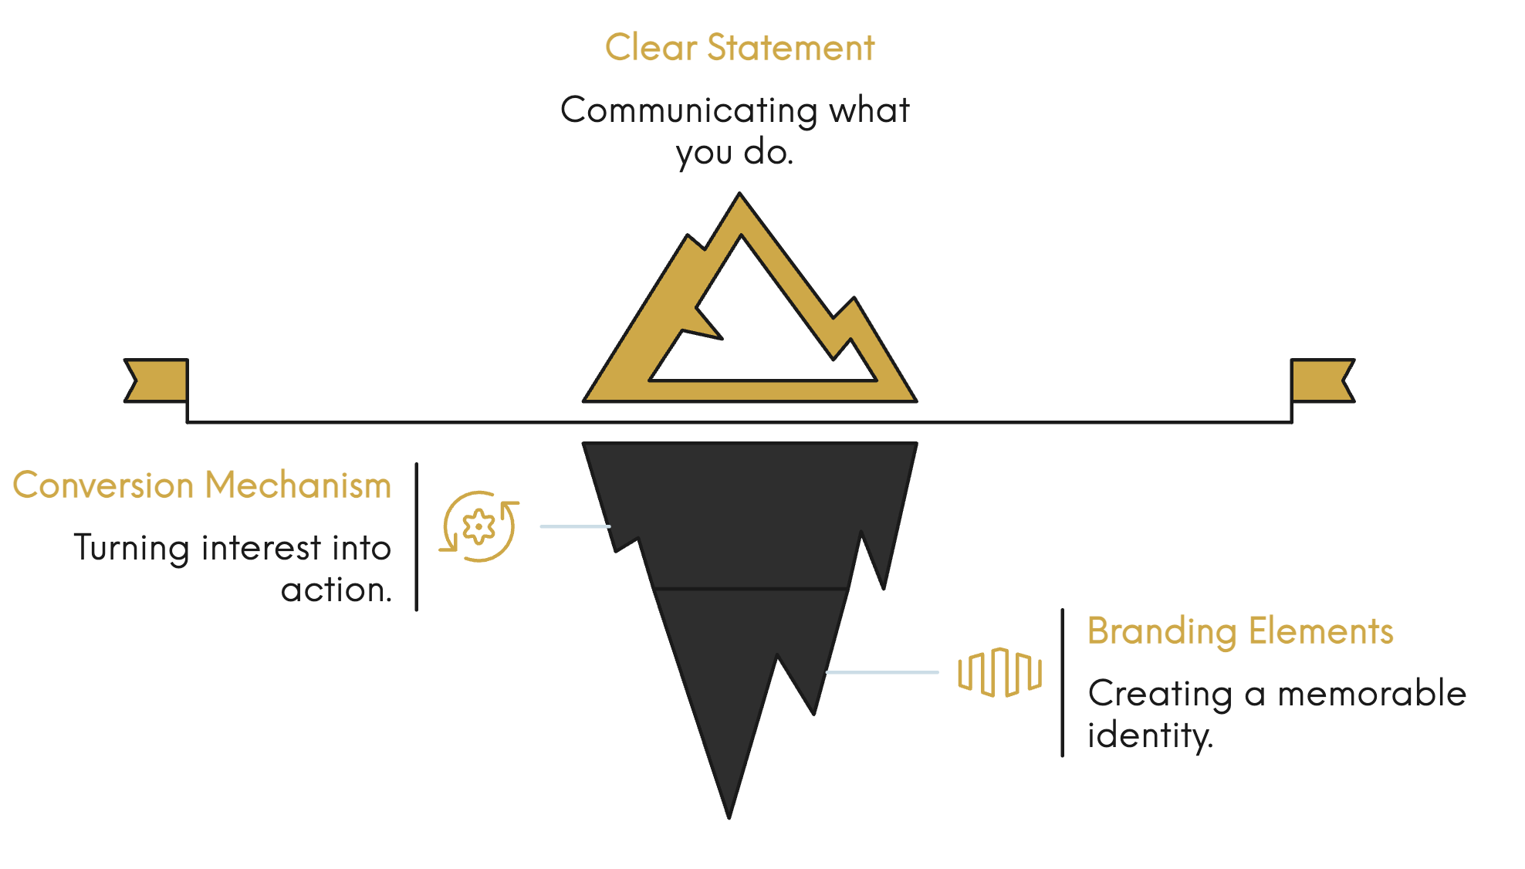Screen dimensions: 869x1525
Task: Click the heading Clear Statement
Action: coord(739,48)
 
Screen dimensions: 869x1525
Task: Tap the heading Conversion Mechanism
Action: coord(202,485)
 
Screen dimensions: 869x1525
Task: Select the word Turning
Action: coord(131,549)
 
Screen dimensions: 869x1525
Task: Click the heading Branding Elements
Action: coord(1240,631)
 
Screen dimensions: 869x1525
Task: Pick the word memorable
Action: coord(1371,694)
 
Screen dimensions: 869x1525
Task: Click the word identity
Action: coord(1149,735)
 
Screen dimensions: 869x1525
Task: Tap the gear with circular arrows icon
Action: coord(479,527)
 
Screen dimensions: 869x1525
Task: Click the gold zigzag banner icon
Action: coord(999,672)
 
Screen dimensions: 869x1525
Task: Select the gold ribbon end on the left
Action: coord(157,380)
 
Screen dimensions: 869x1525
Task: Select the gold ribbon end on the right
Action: coord(1322,380)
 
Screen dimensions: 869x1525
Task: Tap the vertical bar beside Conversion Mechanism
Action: coord(417,537)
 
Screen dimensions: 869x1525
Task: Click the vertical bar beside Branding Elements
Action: coord(1063,683)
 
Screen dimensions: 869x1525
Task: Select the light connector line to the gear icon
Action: coord(575,526)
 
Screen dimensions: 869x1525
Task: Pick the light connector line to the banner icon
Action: coord(882,672)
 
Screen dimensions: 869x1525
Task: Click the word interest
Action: coord(261,549)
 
